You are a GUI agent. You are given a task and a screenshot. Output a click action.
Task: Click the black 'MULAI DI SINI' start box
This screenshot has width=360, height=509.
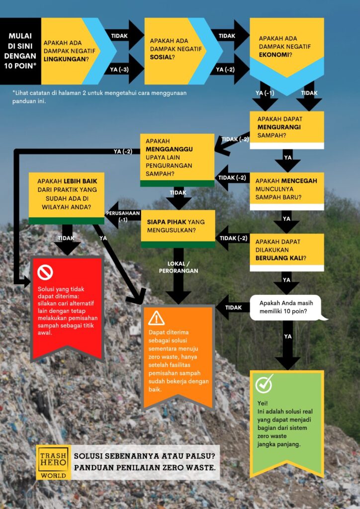(x=20, y=51)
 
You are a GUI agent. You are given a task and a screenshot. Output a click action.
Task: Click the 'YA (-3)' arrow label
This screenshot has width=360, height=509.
(x=119, y=70)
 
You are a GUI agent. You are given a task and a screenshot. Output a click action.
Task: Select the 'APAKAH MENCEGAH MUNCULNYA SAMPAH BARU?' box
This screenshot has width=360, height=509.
(x=286, y=191)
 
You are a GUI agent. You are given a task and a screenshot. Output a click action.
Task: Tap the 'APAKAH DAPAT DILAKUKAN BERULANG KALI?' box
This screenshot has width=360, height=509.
(x=286, y=252)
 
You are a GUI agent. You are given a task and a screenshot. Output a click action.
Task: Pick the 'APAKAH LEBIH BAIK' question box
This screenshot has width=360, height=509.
(x=67, y=198)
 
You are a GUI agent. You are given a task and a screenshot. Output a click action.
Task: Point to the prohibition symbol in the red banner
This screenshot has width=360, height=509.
(x=45, y=272)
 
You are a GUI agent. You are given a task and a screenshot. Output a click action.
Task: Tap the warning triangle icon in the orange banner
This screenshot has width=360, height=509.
(x=156, y=318)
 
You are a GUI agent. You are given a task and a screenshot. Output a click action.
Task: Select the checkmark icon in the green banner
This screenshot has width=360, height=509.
(x=264, y=384)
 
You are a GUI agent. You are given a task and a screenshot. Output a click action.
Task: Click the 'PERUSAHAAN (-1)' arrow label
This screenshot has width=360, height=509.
(x=123, y=216)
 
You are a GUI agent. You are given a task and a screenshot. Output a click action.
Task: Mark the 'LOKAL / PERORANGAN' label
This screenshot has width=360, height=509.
(x=178, y=267)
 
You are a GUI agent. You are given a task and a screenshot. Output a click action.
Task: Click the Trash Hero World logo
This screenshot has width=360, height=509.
(x=54, y=462)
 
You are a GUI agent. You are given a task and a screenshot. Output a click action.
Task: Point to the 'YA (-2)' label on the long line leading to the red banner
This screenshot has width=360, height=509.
(x=123, y=151)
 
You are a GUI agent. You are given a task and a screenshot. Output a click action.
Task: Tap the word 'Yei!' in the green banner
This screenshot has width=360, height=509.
(x=263, y=403)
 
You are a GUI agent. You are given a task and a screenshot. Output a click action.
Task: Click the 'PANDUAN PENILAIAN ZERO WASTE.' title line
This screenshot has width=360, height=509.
(x=145, y=467)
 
